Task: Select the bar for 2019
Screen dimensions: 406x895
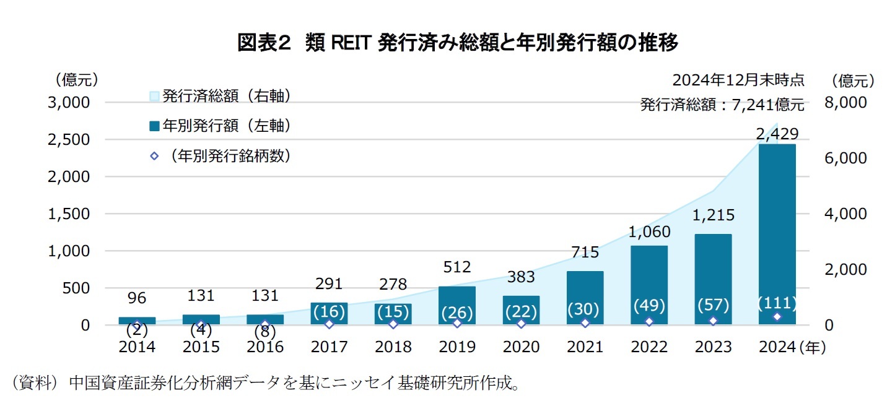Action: [457, 305]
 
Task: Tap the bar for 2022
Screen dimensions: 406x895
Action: [649, 285]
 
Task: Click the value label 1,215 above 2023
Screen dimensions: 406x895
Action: [713, 215]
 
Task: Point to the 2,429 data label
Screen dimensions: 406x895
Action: [777, 134]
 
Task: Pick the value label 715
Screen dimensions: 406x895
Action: [585, 253]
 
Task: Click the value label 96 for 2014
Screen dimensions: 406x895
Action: [137, 298]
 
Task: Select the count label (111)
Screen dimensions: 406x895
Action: [777, 304]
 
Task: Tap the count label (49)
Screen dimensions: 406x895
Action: [649, 305]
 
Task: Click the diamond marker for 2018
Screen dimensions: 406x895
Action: [393, 324]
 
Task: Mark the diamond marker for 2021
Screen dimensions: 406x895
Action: [585, 323]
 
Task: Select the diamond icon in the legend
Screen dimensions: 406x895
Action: [154, 156]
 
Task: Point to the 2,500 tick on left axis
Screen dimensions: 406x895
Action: [69, 140]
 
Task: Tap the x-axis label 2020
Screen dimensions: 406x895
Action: [521, 347]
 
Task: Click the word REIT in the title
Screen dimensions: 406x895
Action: [351, 43]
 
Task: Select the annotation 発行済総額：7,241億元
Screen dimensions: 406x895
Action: [722, 105]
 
